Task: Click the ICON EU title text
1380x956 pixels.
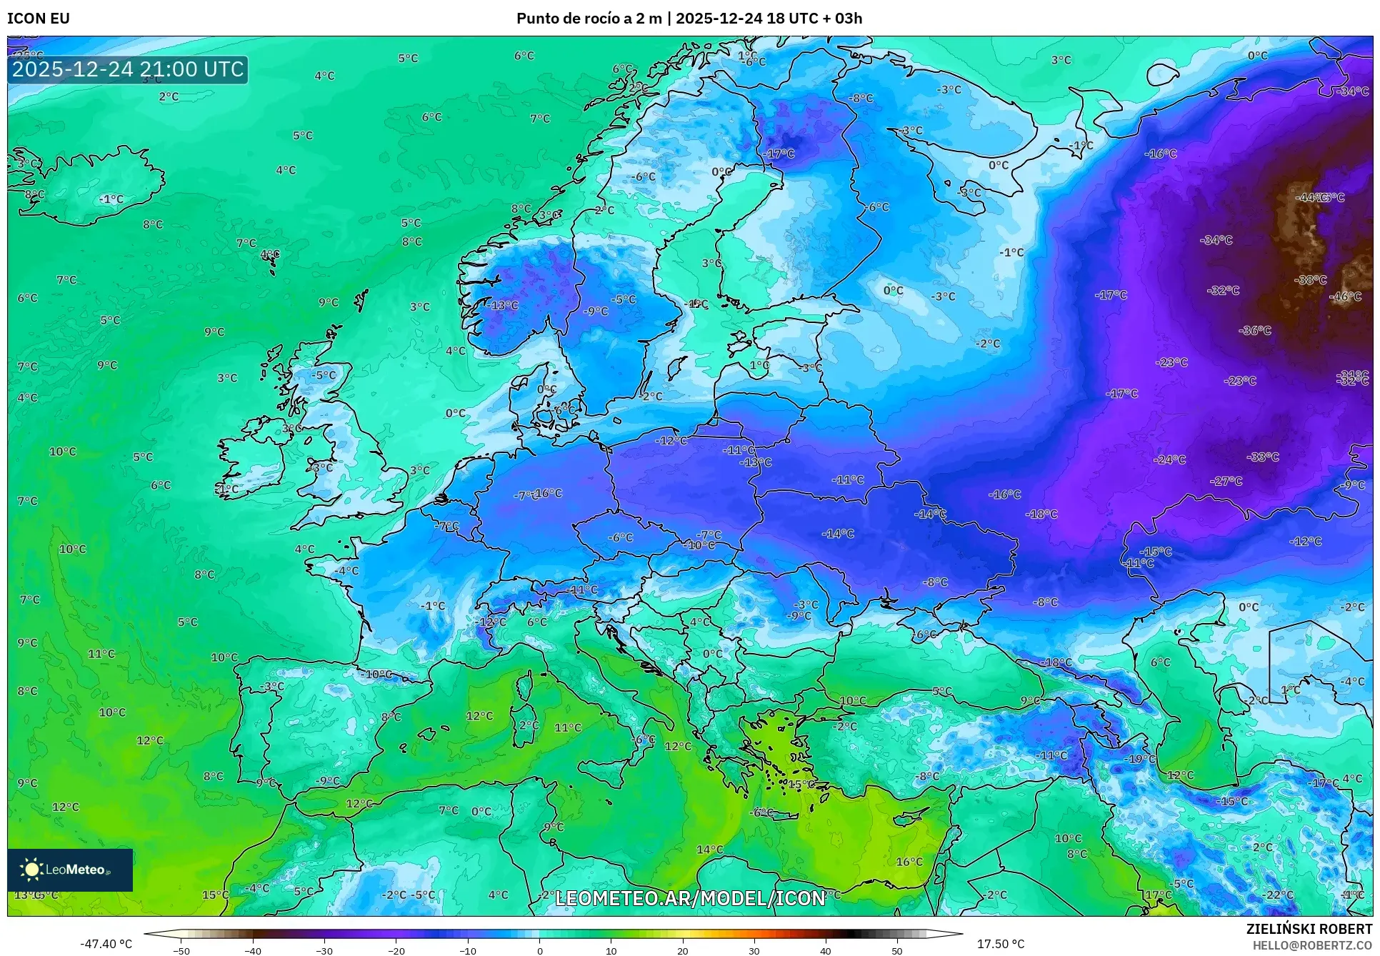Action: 39,19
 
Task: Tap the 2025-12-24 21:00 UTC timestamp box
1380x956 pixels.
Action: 128,69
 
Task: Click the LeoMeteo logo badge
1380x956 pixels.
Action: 70,870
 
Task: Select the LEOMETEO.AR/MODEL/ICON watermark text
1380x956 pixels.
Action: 690,898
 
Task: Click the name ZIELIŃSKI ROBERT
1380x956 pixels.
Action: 1309,929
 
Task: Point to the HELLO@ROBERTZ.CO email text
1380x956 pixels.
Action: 1312,945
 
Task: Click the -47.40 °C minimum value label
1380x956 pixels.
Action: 106,944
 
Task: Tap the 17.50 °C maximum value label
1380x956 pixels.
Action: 1000,944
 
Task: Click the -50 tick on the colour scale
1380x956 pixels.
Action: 181,951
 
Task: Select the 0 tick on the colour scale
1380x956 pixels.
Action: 539,951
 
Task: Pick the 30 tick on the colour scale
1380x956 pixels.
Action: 754,951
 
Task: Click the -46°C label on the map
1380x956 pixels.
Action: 1345,297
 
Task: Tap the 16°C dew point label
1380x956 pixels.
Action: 909,862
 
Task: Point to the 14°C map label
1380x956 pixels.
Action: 710,850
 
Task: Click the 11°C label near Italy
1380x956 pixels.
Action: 568,727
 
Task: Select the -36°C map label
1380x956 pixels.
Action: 1255,330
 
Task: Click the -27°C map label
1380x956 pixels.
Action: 1226,481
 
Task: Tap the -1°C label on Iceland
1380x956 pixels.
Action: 111,199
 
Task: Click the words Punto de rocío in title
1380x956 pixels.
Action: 568,19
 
